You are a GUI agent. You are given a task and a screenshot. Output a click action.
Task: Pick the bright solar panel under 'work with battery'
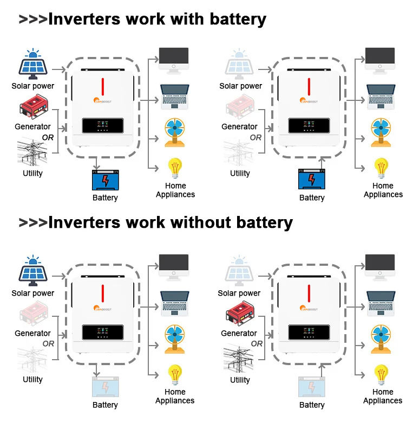click(33, 64)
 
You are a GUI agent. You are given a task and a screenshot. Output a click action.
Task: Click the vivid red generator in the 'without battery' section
click(239, 315)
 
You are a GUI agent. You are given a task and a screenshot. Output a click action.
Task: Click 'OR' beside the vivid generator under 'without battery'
click(257, 343)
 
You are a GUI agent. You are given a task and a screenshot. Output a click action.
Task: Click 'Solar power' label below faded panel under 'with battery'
click(240, 86)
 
